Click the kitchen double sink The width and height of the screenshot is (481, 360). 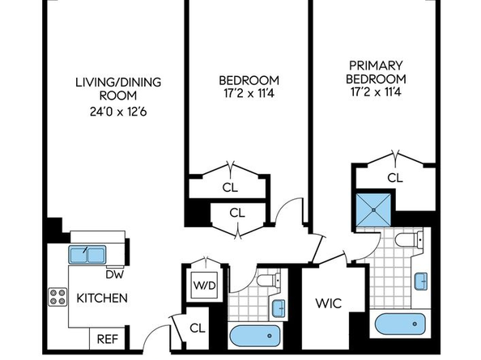pos(87,255)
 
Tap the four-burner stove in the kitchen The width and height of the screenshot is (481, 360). pos(57,297)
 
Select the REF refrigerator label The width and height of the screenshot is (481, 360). pos(108,339)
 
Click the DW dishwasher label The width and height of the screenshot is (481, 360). pos(115,274)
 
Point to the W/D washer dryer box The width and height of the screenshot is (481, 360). pos(204,286)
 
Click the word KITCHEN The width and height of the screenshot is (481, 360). pos(102,298)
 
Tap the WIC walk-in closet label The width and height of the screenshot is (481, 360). pos(328,303)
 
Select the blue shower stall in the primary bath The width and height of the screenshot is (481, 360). pos(374,210)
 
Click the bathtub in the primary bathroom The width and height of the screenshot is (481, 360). pos(400,324)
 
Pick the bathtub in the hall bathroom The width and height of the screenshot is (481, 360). pos(255,336)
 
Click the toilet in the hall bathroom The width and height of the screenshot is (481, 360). pos(268,280)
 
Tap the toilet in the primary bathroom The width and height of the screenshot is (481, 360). pos(409,239)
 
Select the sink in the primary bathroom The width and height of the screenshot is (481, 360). pos(421,281)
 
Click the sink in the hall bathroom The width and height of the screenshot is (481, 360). pos(279,308)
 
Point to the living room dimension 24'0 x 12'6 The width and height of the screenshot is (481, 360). pos(118,112)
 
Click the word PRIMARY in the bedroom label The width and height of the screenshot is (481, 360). pos(376,66)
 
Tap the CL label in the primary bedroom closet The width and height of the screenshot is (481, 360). pos(395,178)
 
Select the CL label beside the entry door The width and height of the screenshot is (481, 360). pos(198,328)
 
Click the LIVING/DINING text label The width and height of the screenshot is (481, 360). pos(118,83)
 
